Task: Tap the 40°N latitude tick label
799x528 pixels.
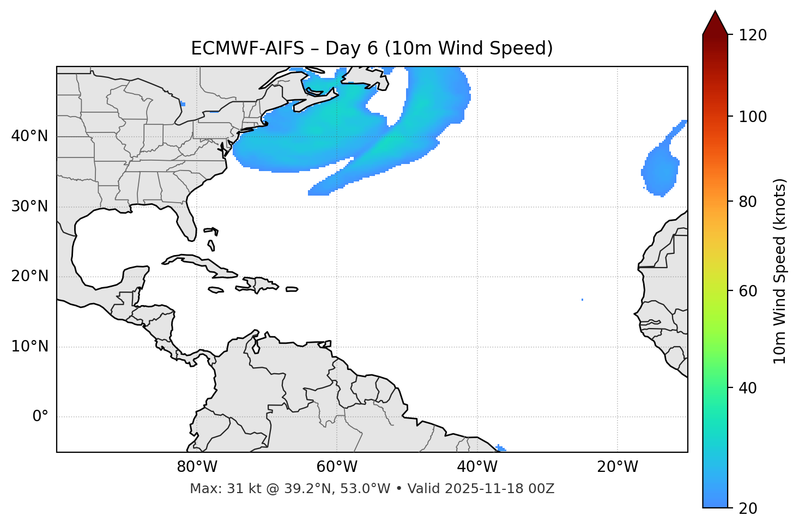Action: (x=29, y=136)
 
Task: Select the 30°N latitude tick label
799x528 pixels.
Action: (x=29, y=207)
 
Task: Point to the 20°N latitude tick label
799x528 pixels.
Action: (x=29, y=276)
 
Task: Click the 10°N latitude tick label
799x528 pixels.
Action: (x=29, y=347)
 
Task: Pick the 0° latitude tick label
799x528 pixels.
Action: (x=40, y=417)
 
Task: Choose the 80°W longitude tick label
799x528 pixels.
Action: (x=197, y=467)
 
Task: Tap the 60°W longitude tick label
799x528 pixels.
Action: (x=337, y=467)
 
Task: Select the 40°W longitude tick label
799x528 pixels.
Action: (x=477, y=467)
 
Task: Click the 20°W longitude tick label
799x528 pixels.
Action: (x=618, y=467)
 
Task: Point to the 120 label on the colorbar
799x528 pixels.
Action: (x=752, y=35)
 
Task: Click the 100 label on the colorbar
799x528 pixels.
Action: (x=752, y=117)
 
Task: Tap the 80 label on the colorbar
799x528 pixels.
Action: (x=748, y=202)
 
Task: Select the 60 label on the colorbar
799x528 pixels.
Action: (x=748, y=291)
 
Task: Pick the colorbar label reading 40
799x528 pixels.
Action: (x=748, y=388)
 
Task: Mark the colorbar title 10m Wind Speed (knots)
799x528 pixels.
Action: (x=780, y=271)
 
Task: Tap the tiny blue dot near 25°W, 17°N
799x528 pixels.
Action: (x=582, y=300)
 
